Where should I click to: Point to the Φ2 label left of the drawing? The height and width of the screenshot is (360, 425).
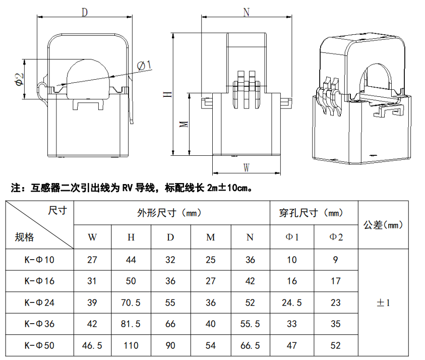tap(18, 79)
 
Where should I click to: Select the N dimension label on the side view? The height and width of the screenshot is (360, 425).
tap(246, 13)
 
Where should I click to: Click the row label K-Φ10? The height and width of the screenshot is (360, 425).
tap(39, 260)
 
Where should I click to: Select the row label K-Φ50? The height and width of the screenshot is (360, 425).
tap(39, 346)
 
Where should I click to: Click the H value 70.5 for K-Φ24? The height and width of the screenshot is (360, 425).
tap(131, 303)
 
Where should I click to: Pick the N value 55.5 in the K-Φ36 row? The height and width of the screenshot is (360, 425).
tap(250, 324)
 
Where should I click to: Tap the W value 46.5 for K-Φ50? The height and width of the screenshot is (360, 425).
tap(92, 346)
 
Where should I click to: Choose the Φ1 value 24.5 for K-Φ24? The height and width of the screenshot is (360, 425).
tap(292, 303)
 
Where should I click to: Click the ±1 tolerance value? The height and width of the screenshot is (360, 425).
tap(383, 303)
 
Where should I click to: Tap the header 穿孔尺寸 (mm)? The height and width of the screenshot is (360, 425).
tap(311, 213)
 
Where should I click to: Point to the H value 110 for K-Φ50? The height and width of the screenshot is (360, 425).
tap(131, 346)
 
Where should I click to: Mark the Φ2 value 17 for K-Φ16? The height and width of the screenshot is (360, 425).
tap(336, 281)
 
